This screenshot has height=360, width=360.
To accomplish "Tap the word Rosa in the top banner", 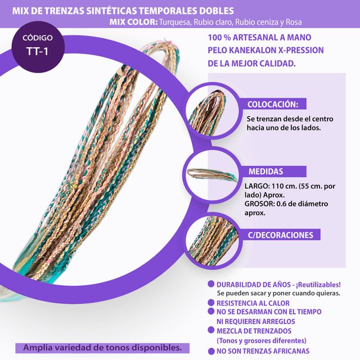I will point(292,22).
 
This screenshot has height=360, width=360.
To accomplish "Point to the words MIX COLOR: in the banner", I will point(133,22).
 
